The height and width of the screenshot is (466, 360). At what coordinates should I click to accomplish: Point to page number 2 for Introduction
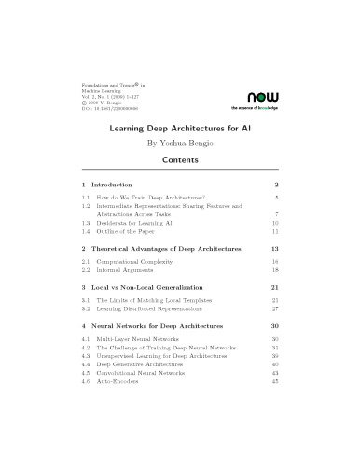pyautogui.click(x=277, y=185)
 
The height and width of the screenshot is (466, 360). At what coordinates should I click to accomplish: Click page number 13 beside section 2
pyautogui.click(x=275, y=250)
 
